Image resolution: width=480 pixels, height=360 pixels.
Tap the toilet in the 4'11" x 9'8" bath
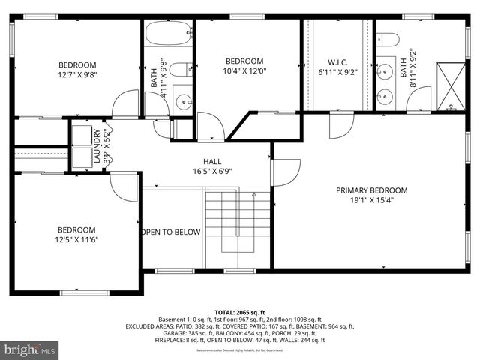179,70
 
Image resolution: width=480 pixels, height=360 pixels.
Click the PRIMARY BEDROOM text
371,190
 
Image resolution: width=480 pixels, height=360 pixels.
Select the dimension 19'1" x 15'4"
371,200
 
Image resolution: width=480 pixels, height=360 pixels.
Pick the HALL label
212,161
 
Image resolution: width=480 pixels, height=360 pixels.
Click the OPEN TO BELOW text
171,232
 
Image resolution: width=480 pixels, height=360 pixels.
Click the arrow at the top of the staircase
254,196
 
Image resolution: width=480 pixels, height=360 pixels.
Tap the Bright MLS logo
30,349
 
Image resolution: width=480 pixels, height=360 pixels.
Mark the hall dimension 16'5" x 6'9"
212,171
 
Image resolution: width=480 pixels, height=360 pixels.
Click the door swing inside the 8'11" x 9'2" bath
421,98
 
